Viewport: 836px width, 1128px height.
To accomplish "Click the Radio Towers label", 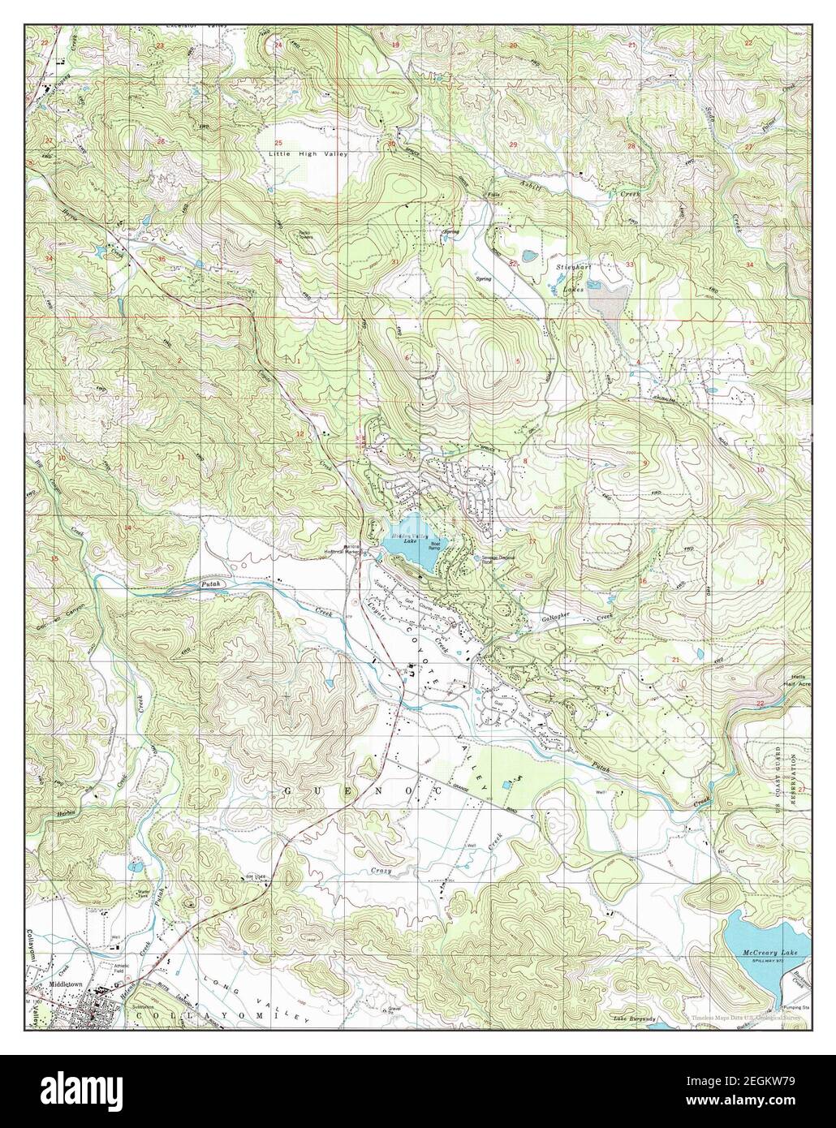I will pos(302,235).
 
